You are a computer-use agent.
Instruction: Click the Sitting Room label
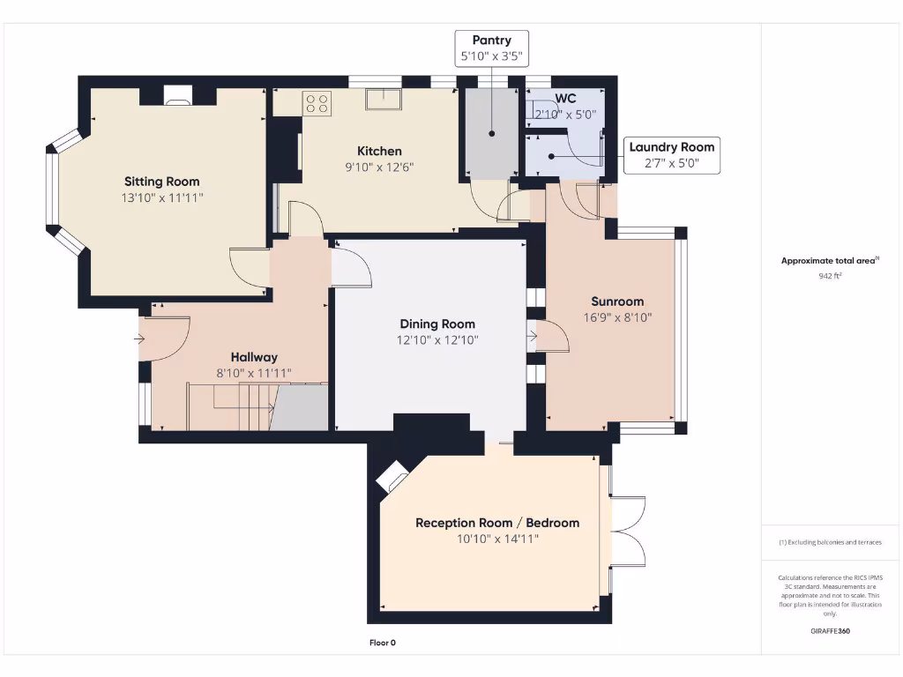[161, 182]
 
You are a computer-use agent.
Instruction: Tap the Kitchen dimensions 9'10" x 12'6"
[379, 167]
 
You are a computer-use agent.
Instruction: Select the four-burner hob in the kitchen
[317, 103]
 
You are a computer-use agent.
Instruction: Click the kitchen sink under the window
[384, 100]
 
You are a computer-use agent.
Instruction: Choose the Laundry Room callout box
[672, 155]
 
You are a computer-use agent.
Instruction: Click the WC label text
[564, 99]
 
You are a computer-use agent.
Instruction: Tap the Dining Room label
[437, 324]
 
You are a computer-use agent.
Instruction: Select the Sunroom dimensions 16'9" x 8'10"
[617, 317]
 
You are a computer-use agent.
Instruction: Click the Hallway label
[254, 357]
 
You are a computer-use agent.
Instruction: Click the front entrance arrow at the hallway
[141, 338]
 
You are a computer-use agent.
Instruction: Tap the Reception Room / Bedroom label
[497, 523]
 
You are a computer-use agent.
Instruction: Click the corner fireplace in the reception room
[391, 478]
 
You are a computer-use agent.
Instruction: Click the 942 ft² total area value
[829, 276]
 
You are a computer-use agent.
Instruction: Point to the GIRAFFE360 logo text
[829, 631]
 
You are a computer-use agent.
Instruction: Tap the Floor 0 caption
[382, 643]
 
